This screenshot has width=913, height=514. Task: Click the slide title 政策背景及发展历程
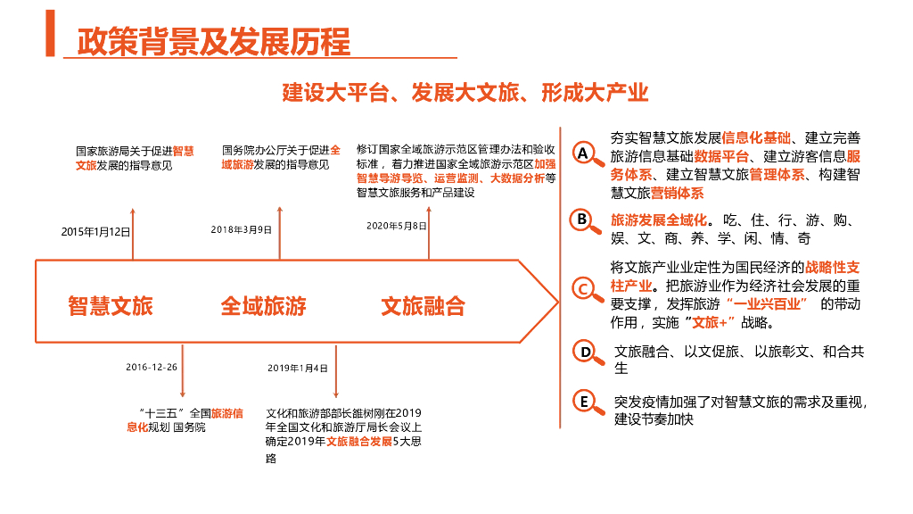214,41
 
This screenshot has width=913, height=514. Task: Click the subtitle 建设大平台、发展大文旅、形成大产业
465,93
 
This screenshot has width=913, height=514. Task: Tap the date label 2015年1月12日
95,232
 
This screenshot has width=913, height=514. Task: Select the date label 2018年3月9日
242,229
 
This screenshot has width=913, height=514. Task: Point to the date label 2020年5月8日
397,226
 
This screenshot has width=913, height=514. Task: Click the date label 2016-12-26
152,367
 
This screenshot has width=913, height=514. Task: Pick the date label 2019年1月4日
298,368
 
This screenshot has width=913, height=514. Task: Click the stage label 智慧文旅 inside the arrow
111,306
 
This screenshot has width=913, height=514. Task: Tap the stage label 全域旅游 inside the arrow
263,306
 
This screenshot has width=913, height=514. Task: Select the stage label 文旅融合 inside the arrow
423,306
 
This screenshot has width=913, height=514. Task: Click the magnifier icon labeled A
584,154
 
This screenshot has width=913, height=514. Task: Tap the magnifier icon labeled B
582,220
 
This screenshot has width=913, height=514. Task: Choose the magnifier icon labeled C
584,289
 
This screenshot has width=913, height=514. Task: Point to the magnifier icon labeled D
584,352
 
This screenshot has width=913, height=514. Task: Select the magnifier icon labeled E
584,402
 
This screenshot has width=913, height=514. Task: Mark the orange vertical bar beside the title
50,33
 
